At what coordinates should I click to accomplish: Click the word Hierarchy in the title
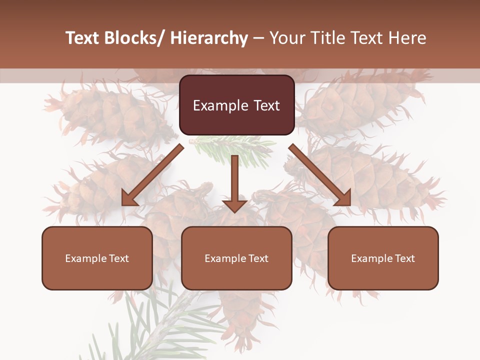(209, 38)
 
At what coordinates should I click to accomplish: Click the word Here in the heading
(407, 38)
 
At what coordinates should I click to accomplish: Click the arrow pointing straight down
(234, 180)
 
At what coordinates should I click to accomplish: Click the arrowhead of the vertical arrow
(234, 206)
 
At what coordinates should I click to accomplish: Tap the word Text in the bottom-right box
(405, 258)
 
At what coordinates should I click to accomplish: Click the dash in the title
(258, 38)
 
